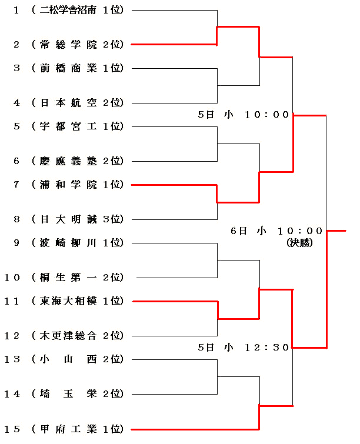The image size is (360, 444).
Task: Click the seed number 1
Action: [16, 10]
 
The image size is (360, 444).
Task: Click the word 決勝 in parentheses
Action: [299, 242]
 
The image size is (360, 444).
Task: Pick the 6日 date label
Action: [239, 231]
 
